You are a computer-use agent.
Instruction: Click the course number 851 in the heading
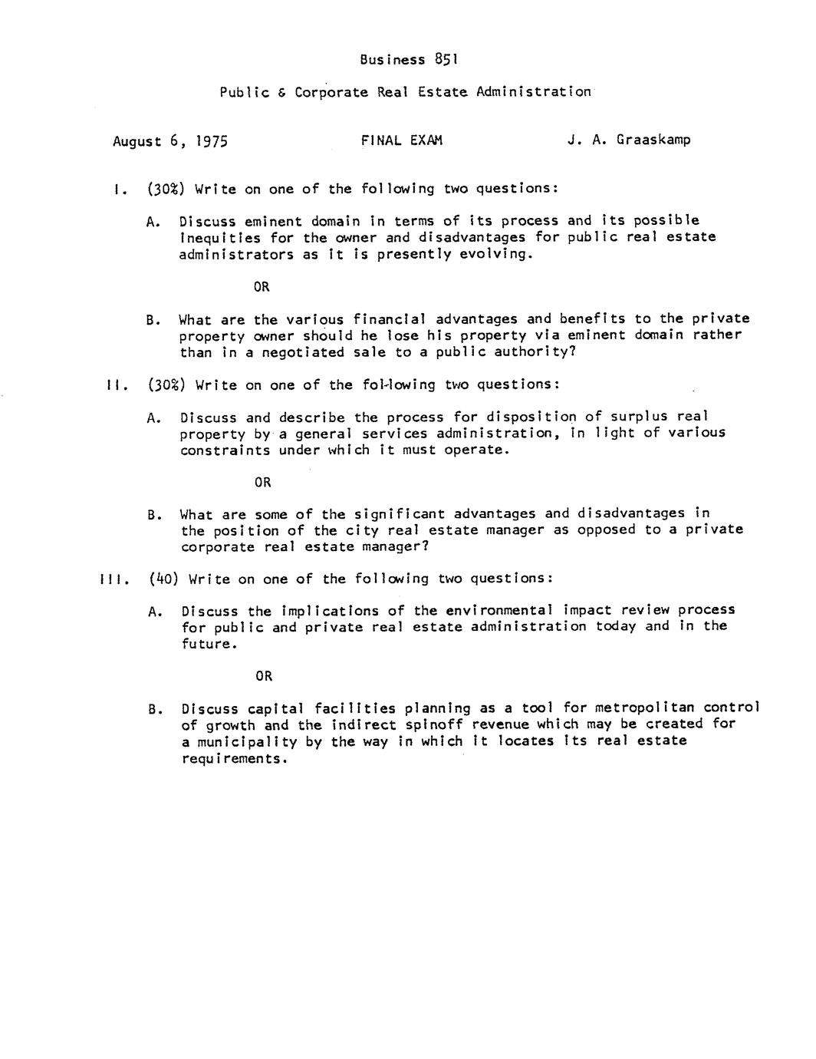tap(446, 59)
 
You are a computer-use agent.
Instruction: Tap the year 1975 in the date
tap(211, 141)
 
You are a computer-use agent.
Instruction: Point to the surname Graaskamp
tap(652, 140)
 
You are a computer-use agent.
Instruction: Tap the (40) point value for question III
tap(163, 579)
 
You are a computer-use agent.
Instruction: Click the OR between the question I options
tap(262, 287)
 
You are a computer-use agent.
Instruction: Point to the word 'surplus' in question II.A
tap(639, 417)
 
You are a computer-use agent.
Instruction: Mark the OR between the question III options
tap(264, 676)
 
